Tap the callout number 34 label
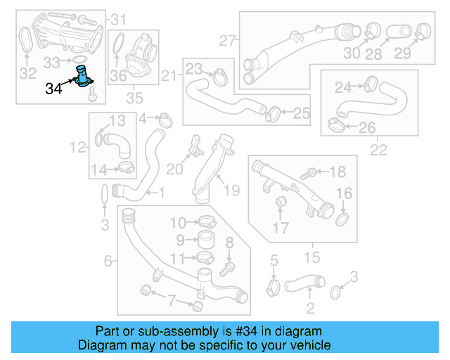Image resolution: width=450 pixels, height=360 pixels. tap(53, 89)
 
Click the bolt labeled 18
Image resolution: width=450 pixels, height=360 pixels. tap(309, 172)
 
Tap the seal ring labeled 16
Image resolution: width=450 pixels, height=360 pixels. tap(342, 221)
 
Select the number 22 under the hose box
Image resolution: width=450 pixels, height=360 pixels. tap(378, 150)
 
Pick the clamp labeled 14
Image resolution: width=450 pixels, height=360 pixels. tap(127, 167)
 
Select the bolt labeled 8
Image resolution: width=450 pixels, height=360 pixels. tap(227, 267)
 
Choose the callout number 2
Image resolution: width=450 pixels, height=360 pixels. tap(310, 307)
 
